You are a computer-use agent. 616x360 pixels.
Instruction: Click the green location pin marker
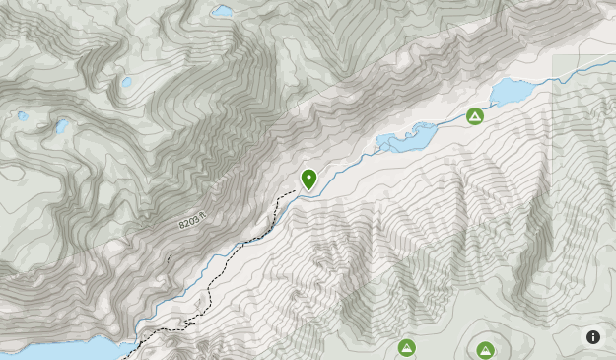click(308, 180)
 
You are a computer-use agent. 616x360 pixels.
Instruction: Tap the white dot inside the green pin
click(308, 177)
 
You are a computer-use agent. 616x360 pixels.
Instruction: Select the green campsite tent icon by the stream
click(475, 116)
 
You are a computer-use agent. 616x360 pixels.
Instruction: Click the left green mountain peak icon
click(406, 347)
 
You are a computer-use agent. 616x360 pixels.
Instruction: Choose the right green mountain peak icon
click(485, 350)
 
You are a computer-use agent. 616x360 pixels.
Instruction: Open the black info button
click(593, 337)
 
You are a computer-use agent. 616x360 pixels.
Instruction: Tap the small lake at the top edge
click(223, 11)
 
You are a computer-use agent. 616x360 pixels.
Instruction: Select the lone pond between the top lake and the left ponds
click(126, 82)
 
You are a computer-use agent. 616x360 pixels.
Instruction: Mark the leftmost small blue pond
click(23, 116)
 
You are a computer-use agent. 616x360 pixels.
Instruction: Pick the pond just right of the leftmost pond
click(62, 126)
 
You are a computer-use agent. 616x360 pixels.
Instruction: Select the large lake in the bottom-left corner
click(59, 350)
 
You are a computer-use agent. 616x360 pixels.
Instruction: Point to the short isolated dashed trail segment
click(169, 258)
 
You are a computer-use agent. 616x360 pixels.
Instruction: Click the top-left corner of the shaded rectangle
click(552, 55)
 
